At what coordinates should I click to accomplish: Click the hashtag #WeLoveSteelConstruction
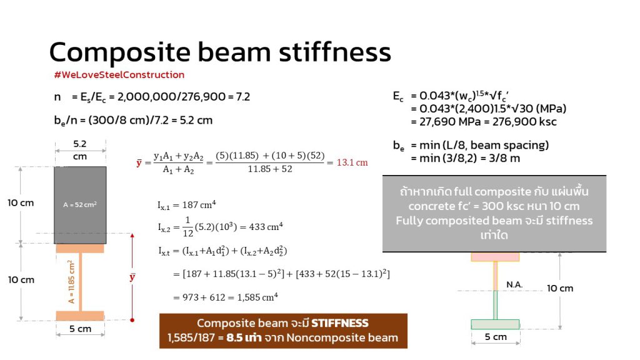tap(119, 75)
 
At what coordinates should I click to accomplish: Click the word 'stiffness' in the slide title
tap(335, 52)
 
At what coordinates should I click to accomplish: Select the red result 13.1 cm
tap(352, 162)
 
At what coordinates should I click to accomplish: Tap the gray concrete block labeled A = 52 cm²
tap(80, 205)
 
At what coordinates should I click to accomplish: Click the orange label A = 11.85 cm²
tap(71, 282)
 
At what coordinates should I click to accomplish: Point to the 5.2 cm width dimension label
tap(80, 150)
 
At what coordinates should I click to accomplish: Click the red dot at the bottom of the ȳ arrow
tap(132, 320)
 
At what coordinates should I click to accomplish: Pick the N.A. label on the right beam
tap(514, 284)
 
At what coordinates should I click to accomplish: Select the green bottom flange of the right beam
tap(495, 324)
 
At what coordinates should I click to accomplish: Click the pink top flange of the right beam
tap(495, 257)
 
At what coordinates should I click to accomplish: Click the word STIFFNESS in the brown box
tap(339, 323)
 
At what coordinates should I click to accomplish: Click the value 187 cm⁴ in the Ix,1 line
tap(199, 204)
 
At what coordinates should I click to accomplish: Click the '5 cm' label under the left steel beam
tap(80, 329)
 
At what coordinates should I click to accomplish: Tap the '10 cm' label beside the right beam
tap(560, 288)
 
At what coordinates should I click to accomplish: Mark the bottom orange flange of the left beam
tap(80, 316)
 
